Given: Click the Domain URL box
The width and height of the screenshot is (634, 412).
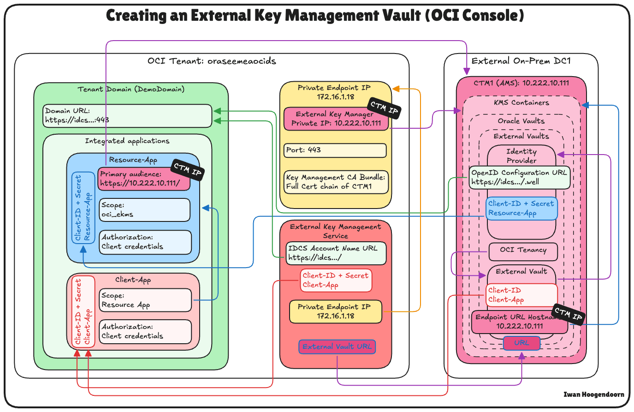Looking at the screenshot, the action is [x=127, y=115].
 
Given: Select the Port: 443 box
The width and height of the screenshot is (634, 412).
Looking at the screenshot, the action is [x=335, y=150].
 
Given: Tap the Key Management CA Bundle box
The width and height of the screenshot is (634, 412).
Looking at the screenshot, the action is [x=336, y=182].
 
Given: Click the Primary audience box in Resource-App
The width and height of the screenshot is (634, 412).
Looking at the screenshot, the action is [x=144, y=179].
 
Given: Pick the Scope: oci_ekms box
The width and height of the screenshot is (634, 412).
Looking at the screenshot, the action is [x=145, y=210].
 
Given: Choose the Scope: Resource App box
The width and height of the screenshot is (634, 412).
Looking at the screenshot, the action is [x=145, y=300].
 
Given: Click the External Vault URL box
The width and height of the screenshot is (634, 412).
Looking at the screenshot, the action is [x=337, y=346].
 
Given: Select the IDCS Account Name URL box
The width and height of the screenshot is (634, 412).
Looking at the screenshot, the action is [x=336, y=253].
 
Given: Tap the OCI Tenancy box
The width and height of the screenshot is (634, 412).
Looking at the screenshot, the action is [x=523, y=251].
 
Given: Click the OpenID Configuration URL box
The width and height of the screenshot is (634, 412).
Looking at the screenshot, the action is [x=519, y=178].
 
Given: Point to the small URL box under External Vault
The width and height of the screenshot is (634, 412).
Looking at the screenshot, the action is [x=521, y=343].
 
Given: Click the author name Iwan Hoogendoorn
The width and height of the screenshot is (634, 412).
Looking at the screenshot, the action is [x=593, y=394].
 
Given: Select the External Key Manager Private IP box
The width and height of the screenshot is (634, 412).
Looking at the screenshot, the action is [x=336, y=119].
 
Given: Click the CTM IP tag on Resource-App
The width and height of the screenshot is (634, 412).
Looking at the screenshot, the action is [x=188, y=170].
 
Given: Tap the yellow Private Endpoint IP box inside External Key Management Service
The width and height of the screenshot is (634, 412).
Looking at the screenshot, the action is [x=335, y=311].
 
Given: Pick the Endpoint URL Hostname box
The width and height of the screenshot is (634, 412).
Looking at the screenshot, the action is [x=519, y=322].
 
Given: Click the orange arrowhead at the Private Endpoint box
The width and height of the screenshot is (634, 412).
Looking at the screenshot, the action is [x=396, y=89].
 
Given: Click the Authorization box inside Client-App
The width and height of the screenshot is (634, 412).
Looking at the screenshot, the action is [x=145, y=332].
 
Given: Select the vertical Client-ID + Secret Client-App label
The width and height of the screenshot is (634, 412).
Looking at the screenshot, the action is [x=83, y=311].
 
